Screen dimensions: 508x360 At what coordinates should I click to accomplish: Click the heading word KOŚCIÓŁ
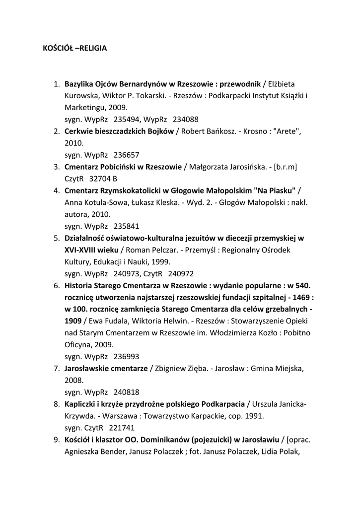pyautogui.click(x=57, y=49)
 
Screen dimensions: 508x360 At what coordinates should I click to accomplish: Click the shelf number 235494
pyautogui.click(x=127, y=119)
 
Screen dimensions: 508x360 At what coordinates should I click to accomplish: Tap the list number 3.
pyautogui.click(x=57, y=167)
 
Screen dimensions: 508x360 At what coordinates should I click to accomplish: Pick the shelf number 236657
pyautogui.click(x=127, y=155)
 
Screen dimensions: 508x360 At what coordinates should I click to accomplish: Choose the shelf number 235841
pyautogui.click(x=127, y=226)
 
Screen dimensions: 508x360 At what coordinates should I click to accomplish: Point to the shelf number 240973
pyautogui.click(x=127, y=274)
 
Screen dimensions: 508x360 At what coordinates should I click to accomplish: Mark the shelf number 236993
pyautogui.click(x=127, y=357)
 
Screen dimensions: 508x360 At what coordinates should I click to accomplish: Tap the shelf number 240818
pyautogui.click(x=127, y=392)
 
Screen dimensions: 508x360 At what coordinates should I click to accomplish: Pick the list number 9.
pyautogui.click(x=57, y=440)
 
